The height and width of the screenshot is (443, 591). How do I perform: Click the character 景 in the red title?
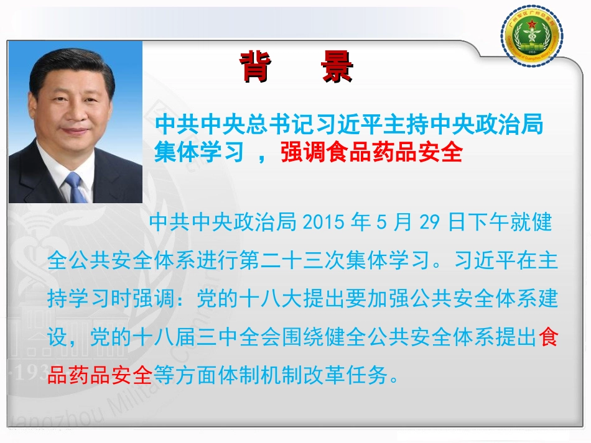click(x=337, y=68)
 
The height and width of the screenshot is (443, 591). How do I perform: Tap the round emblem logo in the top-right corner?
click(x=532, y=38)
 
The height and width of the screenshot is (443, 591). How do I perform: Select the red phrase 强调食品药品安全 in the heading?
click(x=371, y=152)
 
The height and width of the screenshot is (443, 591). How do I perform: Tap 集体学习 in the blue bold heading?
click(x=198, y=152)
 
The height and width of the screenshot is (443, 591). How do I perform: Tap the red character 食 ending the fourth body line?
click(x=548, y=338)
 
